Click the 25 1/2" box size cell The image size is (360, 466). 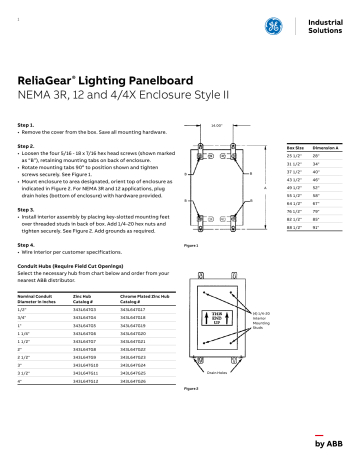(295, 156)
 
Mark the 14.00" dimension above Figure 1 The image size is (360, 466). (215, 127)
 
